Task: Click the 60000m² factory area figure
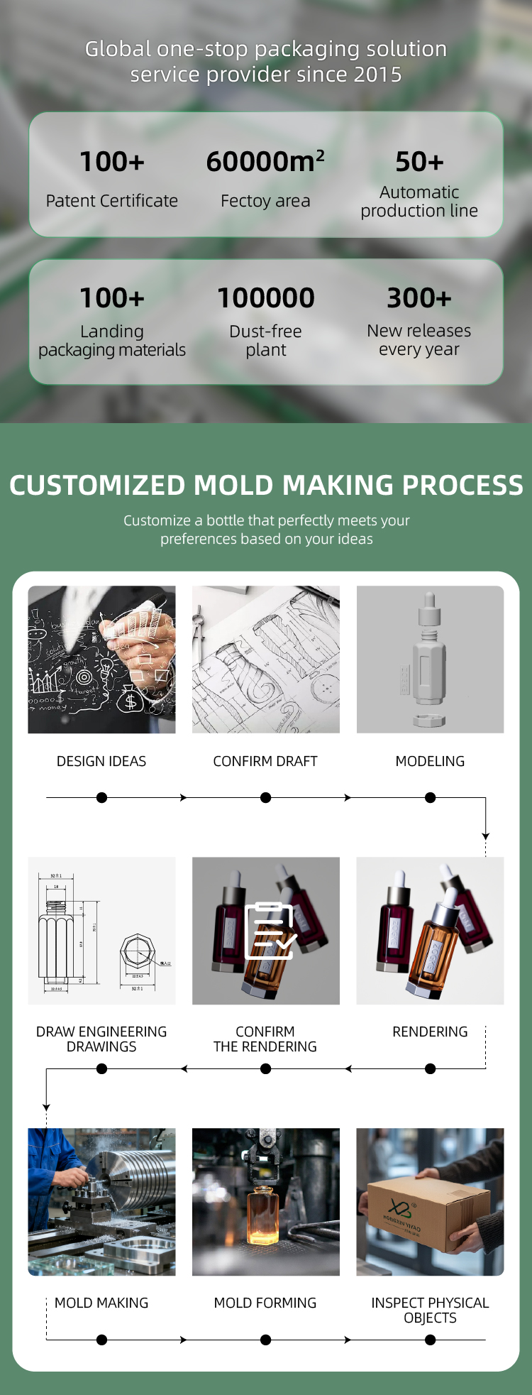265,161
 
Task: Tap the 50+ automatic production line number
419,162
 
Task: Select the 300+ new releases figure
419,297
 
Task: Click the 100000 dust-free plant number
266,297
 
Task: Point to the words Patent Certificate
112,201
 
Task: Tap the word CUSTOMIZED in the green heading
98,486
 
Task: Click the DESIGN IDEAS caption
101,761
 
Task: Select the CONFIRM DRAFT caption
265,761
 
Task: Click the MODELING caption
430,761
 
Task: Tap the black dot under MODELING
430,797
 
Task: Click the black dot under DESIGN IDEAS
101,797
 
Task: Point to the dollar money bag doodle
130,699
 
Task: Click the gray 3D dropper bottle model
430,660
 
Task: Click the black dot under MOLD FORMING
265,1340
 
